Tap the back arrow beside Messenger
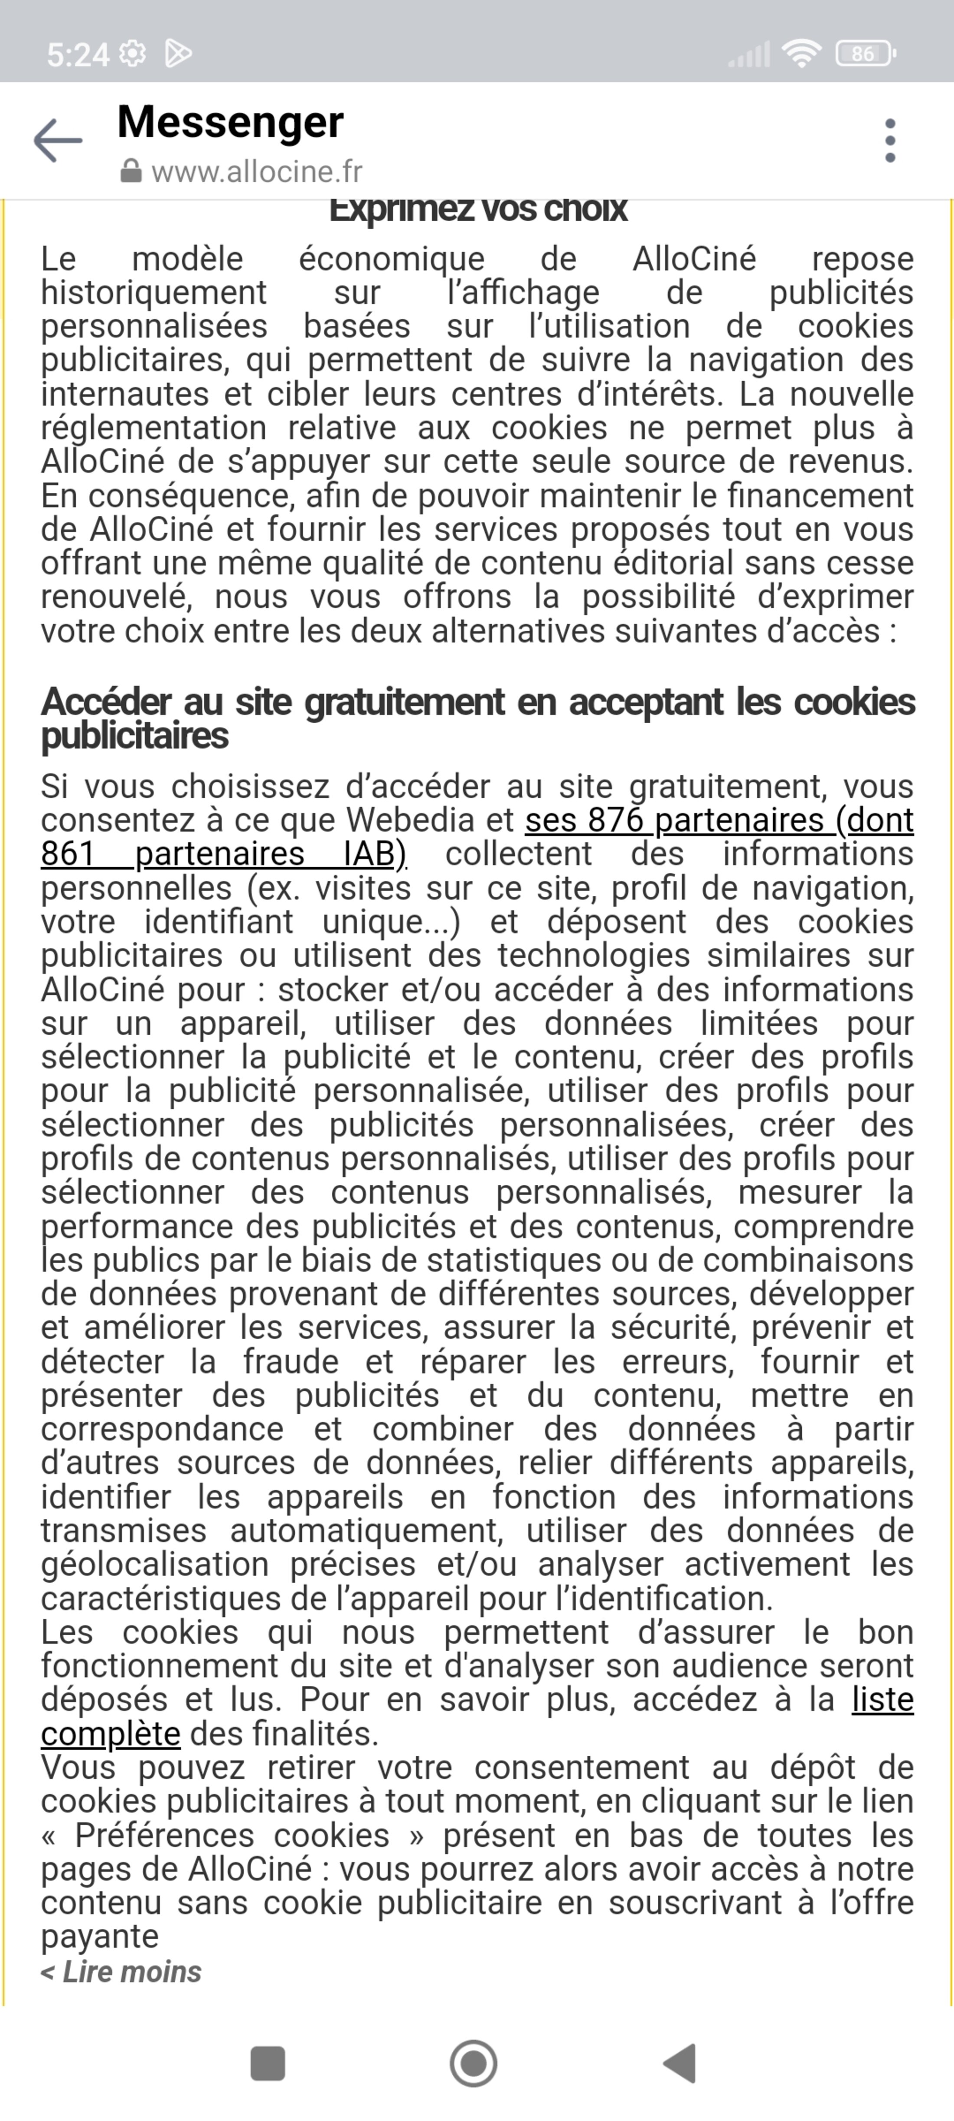click(58, 141)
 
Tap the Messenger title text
click(230, 122)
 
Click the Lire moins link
click(122, 1971)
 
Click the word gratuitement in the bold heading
click(404, 702)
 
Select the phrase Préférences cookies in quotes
click(232, 1835)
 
